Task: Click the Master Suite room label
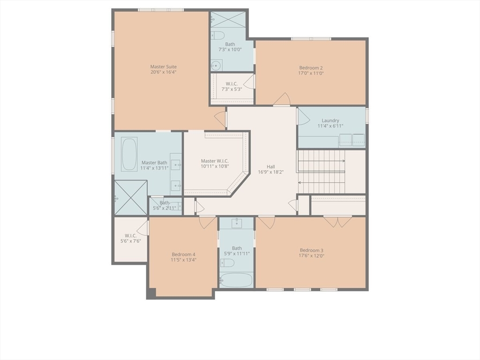163,67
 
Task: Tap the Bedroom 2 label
311,67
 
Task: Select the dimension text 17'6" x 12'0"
312,256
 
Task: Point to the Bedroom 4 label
183,254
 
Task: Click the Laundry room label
330,120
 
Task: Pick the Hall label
271,166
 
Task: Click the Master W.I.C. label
215,161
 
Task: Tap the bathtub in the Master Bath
129,154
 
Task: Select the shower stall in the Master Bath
131,198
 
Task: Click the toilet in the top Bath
217,35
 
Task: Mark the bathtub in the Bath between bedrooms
236,280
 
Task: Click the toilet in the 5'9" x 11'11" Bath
227,262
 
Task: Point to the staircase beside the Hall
321,172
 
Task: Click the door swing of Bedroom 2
282,99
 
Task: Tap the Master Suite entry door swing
220,119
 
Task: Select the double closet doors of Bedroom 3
337,221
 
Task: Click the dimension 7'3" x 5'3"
231,90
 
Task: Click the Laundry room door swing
303,117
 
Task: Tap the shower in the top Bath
228,20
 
